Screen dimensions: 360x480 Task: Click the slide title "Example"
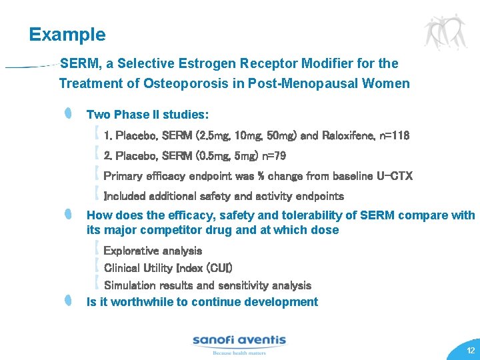(67, 35)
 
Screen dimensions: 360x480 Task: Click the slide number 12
(471, 351)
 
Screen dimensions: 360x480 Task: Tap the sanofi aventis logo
(239, 341)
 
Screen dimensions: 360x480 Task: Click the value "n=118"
(393, 136)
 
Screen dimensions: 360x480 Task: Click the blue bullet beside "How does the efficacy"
(69, 215)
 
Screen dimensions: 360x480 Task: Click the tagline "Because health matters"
(238, 353)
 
